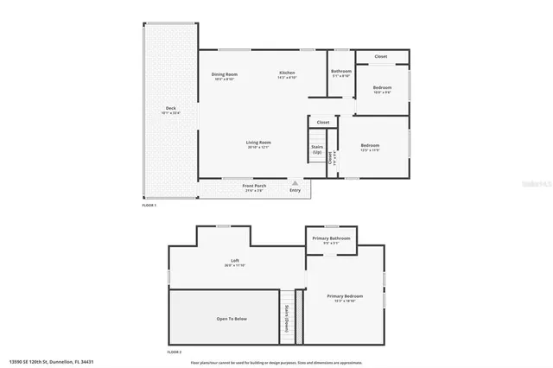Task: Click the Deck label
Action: coord(170,110)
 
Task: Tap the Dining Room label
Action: coord(225,75)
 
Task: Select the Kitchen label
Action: coord(287,73)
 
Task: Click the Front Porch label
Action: coord(253,187)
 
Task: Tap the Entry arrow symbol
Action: coord(295,182)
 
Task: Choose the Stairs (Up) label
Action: coord(317,149)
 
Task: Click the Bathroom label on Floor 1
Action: coord(341,72)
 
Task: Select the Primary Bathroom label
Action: coord(331,238)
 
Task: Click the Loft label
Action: coord(234,261)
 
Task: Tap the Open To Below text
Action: coord(232,319)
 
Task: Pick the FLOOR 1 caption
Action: coord(149,206)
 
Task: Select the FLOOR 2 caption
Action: coord(175,352)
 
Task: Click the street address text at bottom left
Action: coord(51,362)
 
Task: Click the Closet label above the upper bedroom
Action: coord(380,57)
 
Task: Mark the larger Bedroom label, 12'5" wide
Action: coord(369,146)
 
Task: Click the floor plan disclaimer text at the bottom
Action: coord(271,362)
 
